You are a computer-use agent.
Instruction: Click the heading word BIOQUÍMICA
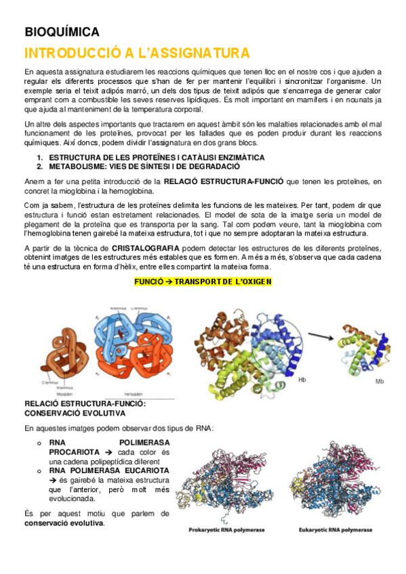[62, 32]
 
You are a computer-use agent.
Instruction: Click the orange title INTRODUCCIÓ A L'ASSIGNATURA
[136, 53]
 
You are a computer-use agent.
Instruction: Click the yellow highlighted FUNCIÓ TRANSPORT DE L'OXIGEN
[203, 281]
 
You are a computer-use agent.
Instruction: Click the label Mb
[380, 381]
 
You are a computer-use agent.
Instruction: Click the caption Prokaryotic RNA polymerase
[227, 529]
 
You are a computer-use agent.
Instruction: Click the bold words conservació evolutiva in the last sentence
[64, 523]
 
